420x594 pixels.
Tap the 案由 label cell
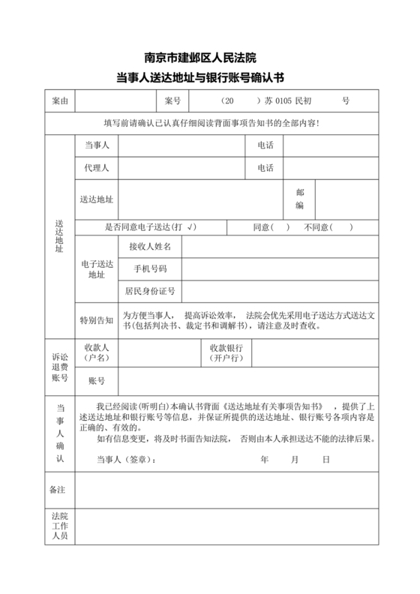[x=59, y=100]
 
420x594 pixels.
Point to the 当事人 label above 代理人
[x=97, y=145]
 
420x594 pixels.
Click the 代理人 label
[x=97, y=168]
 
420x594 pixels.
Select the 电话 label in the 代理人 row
[x=265, y=168]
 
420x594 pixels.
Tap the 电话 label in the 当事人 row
[x=265, y=145]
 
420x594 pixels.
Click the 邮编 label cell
[x=299, y=199]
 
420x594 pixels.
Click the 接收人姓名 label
[x=150, y=247]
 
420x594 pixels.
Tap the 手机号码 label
[x=150, y=268]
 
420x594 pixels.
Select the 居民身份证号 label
[x=150, y=291]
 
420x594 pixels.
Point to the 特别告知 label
[x=97, y=320]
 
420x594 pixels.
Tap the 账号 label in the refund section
[x=97, y=382]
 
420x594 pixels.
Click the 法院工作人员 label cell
[x=59, y=527]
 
